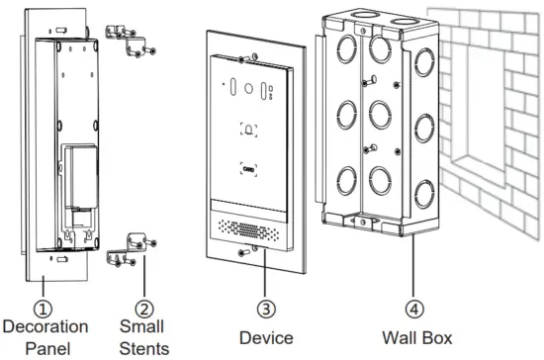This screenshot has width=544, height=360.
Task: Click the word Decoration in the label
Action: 46,325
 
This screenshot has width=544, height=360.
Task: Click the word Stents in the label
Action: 144,347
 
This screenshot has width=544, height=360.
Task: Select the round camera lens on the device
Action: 247,87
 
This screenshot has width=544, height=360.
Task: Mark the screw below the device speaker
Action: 255,253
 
